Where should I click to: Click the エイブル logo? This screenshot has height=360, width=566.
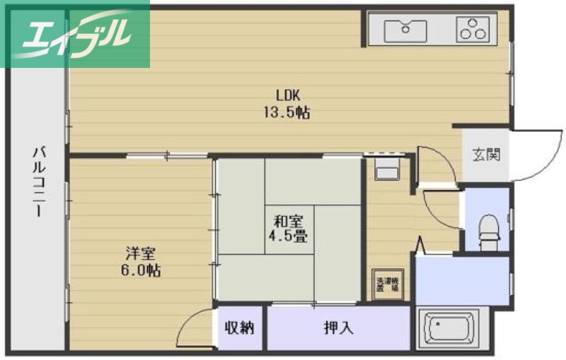(x=74, y=33)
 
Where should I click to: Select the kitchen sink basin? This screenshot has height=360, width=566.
(x=405, y=30)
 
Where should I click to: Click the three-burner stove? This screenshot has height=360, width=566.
(x=473, y=30)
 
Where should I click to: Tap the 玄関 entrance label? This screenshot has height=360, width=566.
(x=487, y=154)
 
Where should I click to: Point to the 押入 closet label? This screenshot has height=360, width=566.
(x=338, y=328)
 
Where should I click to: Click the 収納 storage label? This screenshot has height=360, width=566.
(x=239, y=328)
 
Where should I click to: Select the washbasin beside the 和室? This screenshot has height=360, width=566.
(x=386, y=170)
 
